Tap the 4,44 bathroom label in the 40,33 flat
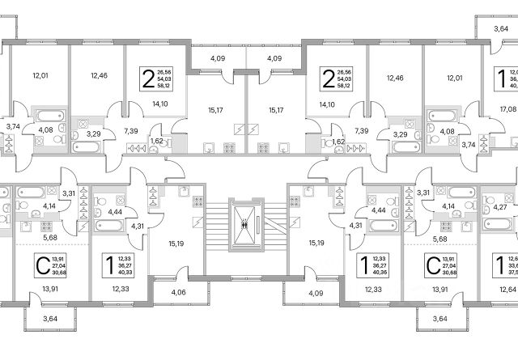pos(114,211)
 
